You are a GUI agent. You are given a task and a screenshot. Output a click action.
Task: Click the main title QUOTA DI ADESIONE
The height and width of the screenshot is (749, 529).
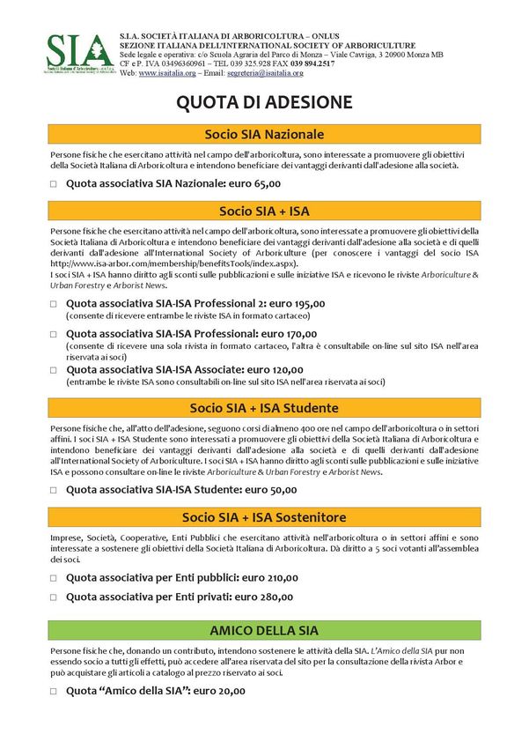264,102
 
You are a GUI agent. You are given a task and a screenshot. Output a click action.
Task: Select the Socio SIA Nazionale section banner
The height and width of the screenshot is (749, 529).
264,134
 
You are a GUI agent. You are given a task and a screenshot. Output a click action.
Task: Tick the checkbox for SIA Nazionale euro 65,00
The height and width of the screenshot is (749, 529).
54,184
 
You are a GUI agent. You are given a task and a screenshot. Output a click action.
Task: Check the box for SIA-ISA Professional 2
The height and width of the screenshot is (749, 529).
54,304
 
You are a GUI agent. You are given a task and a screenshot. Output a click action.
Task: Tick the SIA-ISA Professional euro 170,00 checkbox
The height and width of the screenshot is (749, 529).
54,335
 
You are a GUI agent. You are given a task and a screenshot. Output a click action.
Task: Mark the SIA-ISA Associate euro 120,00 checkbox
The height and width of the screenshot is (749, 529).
54,370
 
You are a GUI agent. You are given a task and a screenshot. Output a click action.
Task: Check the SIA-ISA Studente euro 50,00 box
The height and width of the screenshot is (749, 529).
54,490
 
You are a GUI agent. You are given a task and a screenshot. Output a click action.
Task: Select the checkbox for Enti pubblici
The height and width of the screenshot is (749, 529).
54,578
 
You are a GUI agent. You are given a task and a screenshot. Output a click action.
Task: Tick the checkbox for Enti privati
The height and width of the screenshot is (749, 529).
54,597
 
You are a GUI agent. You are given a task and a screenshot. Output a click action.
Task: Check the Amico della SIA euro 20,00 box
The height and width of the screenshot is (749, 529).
54,691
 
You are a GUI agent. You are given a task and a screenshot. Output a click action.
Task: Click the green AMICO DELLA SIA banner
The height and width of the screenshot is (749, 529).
264,630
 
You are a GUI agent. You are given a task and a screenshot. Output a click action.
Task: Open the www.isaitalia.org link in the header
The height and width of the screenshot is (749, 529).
167,73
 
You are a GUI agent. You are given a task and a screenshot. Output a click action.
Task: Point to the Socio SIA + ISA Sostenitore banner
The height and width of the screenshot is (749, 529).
264,516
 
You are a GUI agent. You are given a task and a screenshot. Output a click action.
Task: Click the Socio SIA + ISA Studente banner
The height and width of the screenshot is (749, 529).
264,408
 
